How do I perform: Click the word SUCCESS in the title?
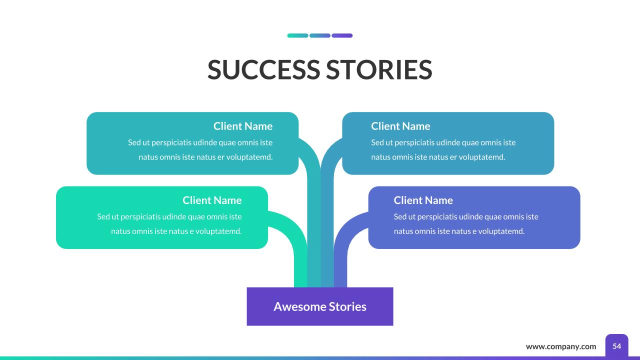pyautogui.click(x=263, y=69)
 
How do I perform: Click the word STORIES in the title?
pyautogui.click(x=379, y=69)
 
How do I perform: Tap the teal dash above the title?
pyautogui.click(x=297, y=35)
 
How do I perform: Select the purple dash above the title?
pyautogui.click(x=342, y=35)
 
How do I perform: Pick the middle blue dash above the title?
pyautogui.click(x=320, y=35)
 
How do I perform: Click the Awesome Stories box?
pyautogui.click(x=320, y=306)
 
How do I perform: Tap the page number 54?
pyautogui.click(x=617, y=346)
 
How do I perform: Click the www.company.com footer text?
pyautogui.click(x=561, y=346)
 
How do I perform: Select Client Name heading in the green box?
pyautogui.click(x=212, y=200)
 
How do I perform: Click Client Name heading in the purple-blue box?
pyautogui.click(x=423, y=200)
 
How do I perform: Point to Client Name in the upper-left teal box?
pyautogui.click(x=243, y=126)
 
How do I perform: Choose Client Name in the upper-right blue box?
pyautogui.click(x=400, y=126)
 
